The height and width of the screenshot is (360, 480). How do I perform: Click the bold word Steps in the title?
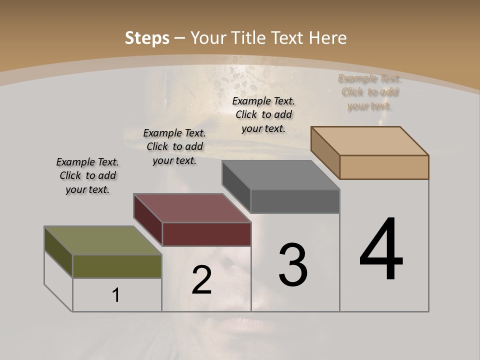[x=147, y=38]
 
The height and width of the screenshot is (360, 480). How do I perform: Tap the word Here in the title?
[x=328, y=38]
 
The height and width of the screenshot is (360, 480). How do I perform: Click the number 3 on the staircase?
[x=293, y=265]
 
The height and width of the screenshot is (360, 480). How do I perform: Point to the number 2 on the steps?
[x=202, y=280]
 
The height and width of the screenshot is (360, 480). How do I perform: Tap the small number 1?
[x=116, y=295]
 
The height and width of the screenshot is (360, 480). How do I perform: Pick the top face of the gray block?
[x=280, y=175]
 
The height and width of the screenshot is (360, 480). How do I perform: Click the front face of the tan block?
[x=384, y=167]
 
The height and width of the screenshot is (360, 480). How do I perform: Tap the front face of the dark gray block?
[x=295, y=201]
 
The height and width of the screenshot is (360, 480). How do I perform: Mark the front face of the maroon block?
[x=206, y=234]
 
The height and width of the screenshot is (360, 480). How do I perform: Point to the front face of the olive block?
[x=117, y=266]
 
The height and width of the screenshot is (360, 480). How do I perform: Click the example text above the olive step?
[x=87, y=175]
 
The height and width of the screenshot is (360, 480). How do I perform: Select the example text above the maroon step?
[x=174, y=146]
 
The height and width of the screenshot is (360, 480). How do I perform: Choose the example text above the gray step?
[x=263, y=114]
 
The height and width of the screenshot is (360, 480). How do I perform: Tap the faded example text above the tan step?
[x=369, y=92]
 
